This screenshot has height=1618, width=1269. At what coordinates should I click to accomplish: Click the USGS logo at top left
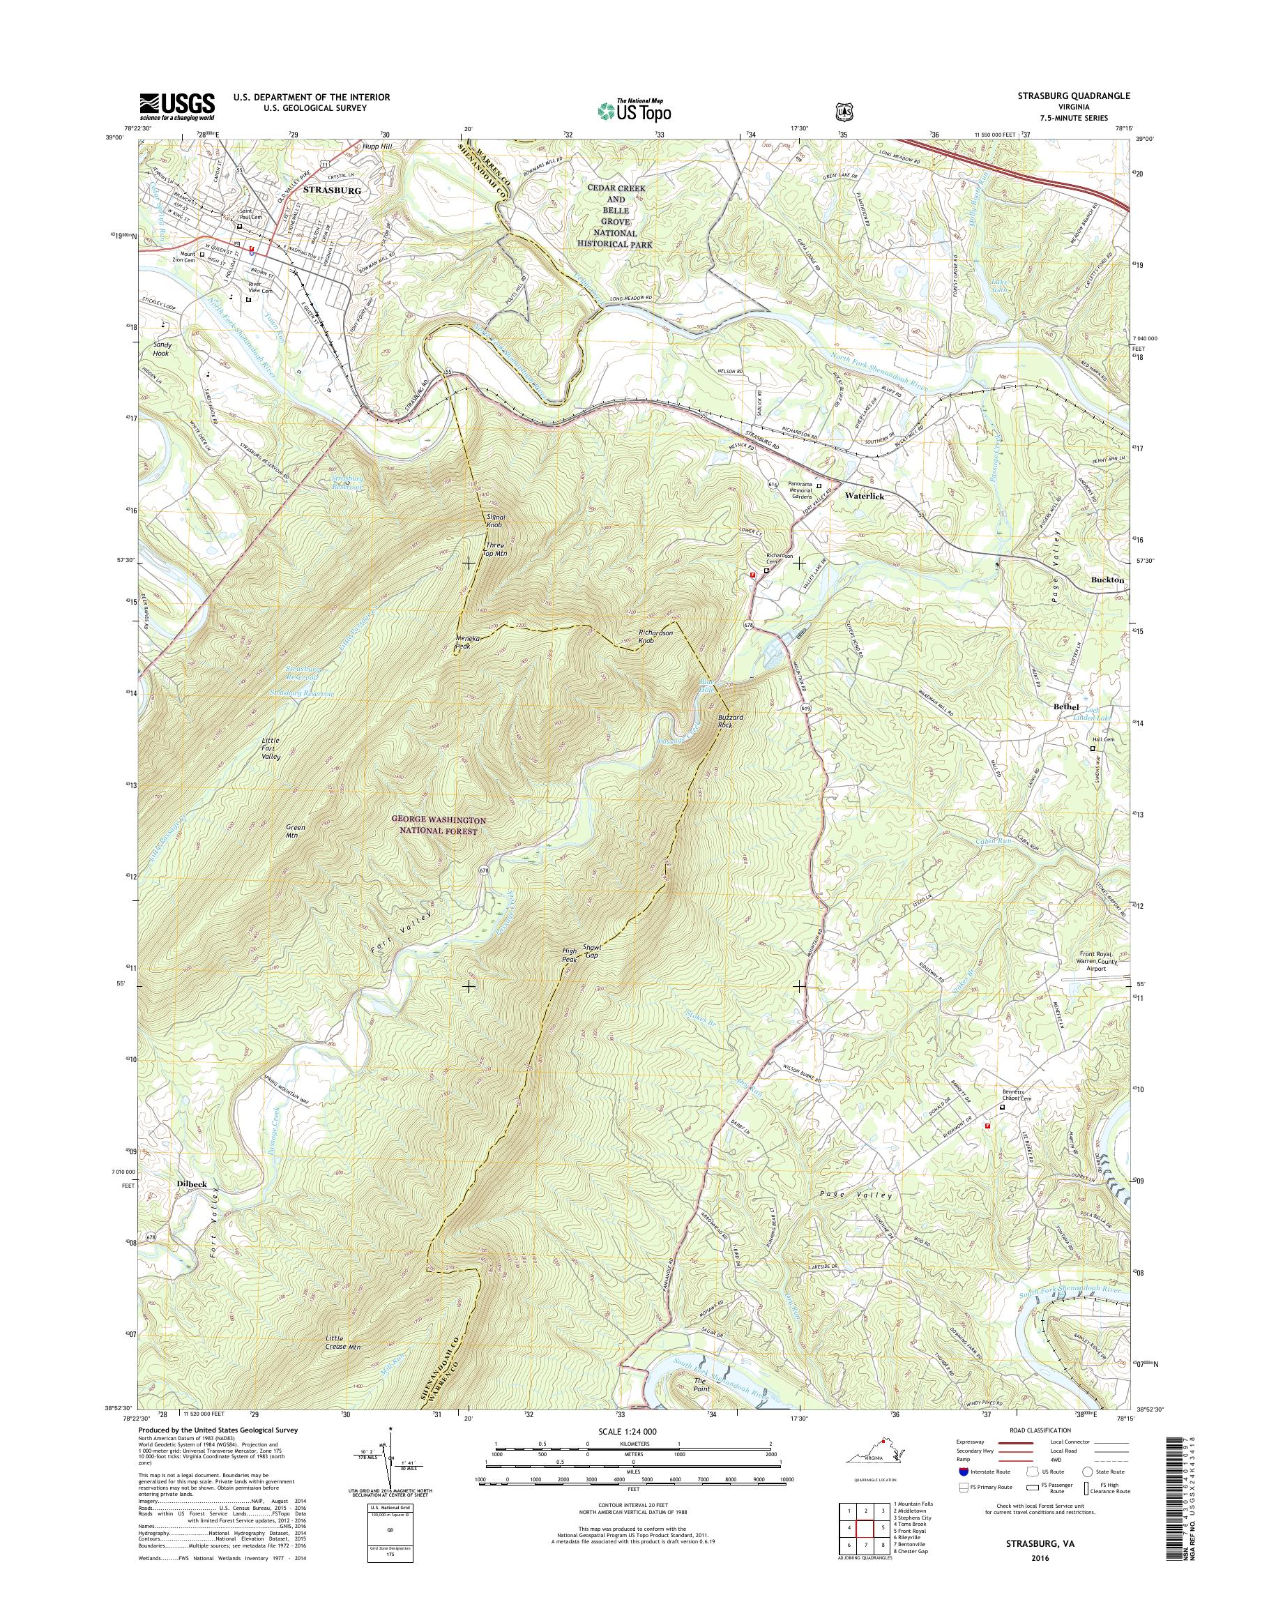(177, 106)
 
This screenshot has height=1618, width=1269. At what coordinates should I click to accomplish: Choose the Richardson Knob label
(655, 635)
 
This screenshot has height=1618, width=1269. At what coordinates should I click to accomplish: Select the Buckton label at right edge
(1108, 579)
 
